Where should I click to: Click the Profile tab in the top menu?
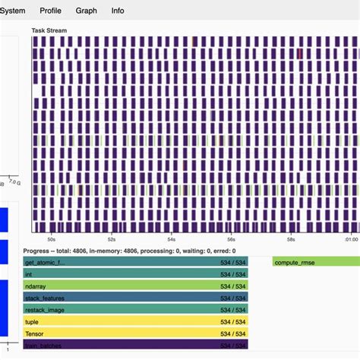50,11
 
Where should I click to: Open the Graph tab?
86,11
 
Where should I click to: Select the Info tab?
118,11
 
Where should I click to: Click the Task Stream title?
49,30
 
